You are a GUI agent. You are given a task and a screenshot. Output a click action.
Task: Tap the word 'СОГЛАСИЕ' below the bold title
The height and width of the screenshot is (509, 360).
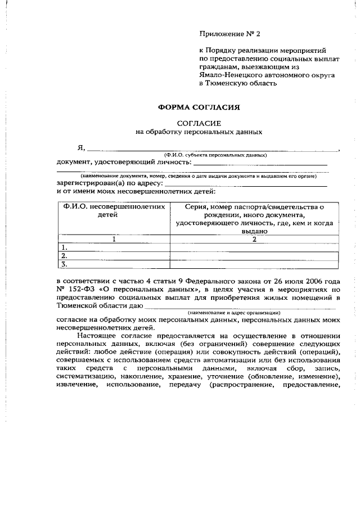(199, 123)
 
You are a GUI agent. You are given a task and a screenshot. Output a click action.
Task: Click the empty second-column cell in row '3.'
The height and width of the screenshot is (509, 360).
(254, 264)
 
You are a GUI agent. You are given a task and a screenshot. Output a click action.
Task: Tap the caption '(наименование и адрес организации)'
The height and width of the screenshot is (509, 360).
(233, 313)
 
